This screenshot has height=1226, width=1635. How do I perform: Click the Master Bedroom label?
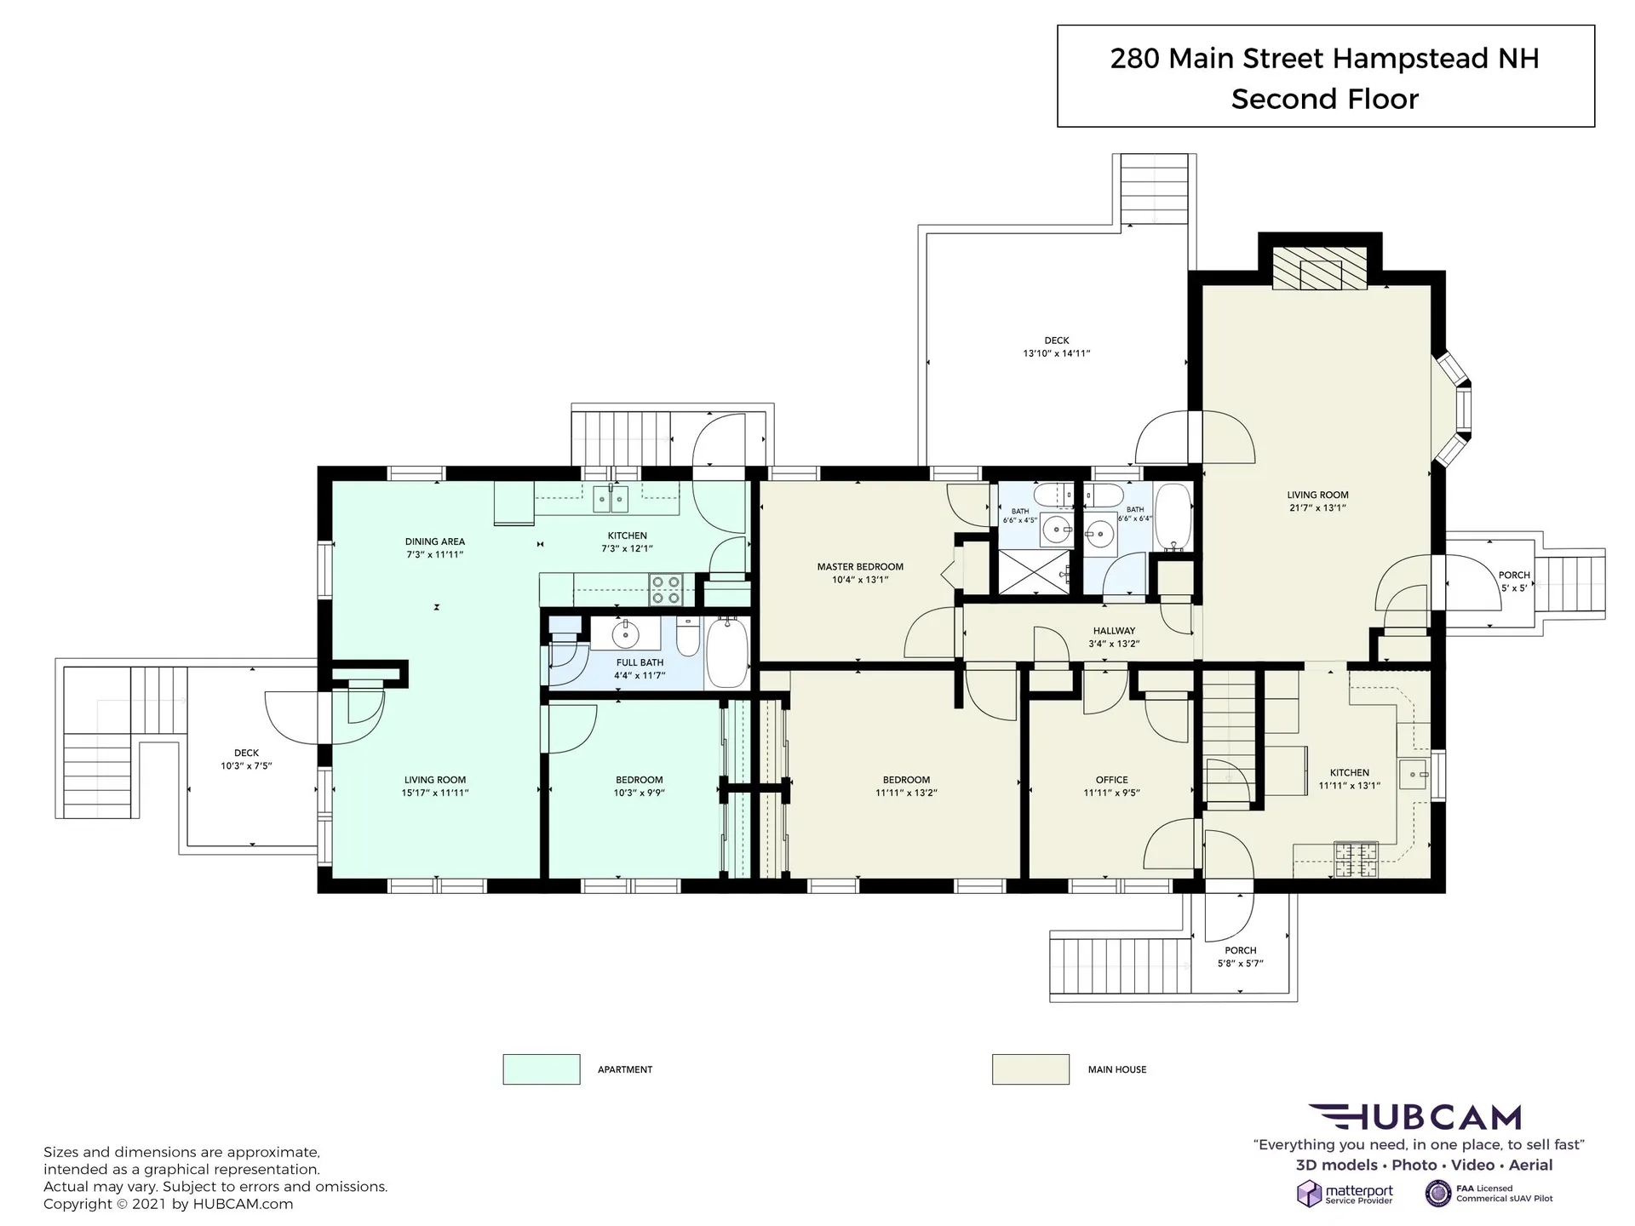[860, 567]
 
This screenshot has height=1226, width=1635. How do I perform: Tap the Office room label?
[1111, 780]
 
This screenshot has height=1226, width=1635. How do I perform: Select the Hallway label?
[1114, 631]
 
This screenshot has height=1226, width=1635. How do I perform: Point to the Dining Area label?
[434, 541]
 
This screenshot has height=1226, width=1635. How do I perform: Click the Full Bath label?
[640, 662]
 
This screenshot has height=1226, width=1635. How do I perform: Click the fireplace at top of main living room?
[1320, 268]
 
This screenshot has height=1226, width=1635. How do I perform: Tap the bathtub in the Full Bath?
[727, 653]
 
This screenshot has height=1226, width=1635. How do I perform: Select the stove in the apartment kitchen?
[666, 589]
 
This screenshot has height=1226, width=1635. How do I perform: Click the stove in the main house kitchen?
[1356, 859]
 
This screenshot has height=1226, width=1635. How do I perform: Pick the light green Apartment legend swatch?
[542, 1069]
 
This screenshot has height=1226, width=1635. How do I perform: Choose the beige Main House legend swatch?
[1030, 1069]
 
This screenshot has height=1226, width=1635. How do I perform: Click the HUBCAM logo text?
[1414, 1117]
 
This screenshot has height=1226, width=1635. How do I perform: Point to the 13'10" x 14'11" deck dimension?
[1057, 353]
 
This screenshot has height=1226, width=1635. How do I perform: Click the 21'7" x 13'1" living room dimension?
[1317, 508]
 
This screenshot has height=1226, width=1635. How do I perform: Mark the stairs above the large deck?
[1155, 188]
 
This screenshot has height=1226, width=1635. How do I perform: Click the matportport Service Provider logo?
[1345, 1194]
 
